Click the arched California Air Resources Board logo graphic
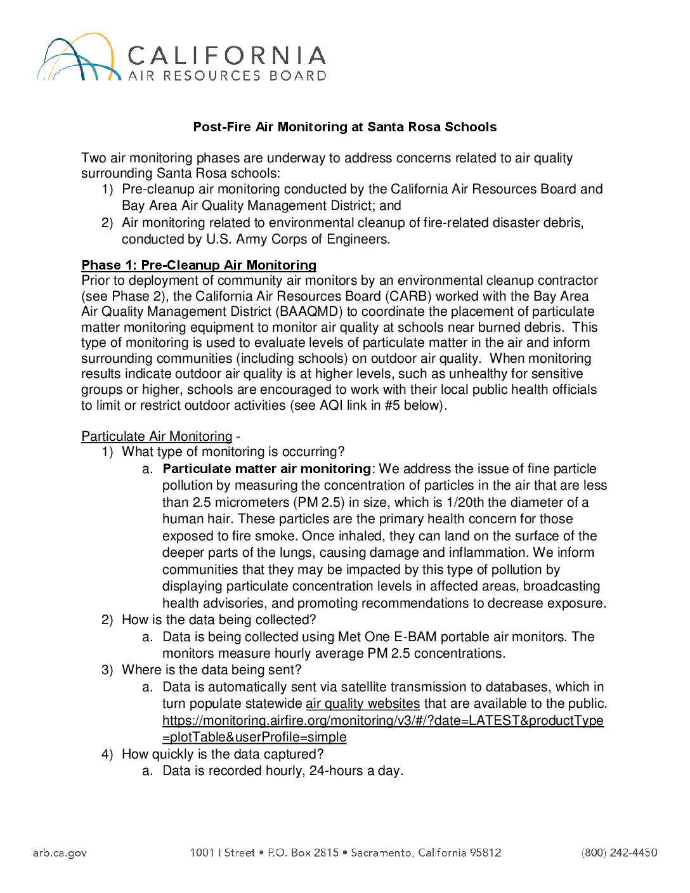pos(78,58)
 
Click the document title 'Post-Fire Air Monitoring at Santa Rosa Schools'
pos(344,127)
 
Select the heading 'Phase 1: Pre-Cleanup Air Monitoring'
pos(199,265)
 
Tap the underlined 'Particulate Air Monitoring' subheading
pos(157,436)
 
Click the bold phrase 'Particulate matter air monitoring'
pos(266,469)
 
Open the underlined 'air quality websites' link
pos(363,703)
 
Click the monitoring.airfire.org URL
pos(382,720)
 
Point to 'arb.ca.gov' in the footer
pos(60,853)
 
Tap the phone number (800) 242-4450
pos(619,853)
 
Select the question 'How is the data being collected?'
pos(219,620)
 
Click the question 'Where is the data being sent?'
pos(211,670)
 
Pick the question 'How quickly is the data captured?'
pos(223,754)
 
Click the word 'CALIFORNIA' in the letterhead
pos(226,56)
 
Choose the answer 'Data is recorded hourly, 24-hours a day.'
pos(283,771)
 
